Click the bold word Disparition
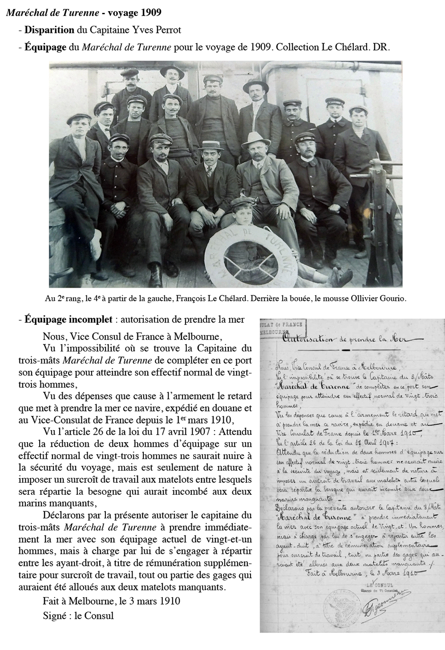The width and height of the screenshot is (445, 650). click(49, 30)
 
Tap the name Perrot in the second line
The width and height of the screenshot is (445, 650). click(167, 30)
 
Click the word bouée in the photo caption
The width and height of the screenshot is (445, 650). click(294, 298)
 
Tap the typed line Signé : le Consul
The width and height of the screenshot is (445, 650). click(78, 616)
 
